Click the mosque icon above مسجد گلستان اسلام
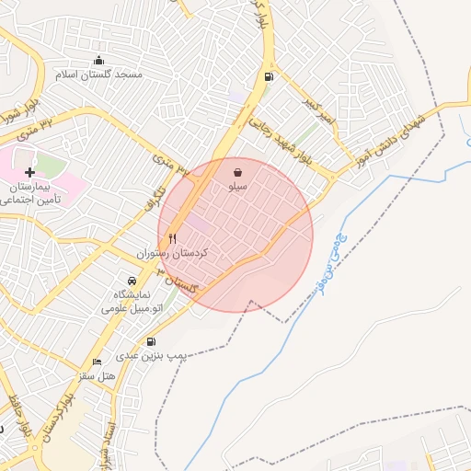(x=99, y=61)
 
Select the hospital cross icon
(x=30, y=172)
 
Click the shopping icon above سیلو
(x=238, y=172)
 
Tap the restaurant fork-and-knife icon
(x=172, y=238)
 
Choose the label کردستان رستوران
(x=174, y=252)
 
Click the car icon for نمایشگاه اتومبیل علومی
(x=132, y=281)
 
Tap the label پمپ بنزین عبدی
(x=153, y=354)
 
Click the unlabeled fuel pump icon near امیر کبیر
(x=269, y=76)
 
